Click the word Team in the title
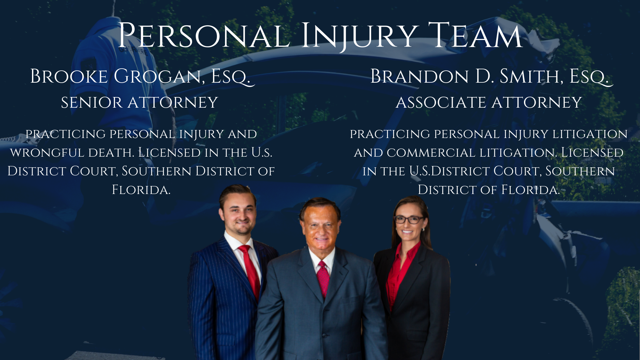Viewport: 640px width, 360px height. [x=475, y=36]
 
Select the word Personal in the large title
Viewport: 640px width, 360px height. [x=204, y=36]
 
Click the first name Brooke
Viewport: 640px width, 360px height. [x=69, y=76]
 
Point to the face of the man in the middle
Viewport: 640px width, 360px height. [x=320, y=227]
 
